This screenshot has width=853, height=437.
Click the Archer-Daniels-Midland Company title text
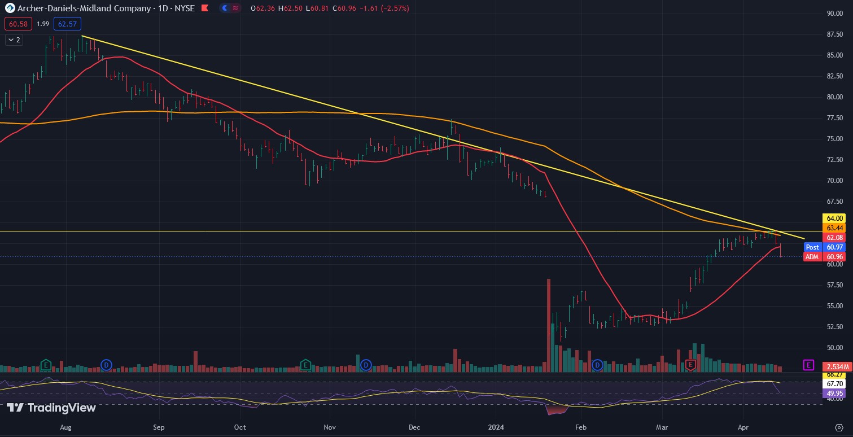(x=84, y=8)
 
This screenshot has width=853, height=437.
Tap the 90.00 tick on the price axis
(x=835, y=13)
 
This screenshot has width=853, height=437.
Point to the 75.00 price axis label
(x=835, y=139)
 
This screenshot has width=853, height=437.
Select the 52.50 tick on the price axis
(x=835, y=327)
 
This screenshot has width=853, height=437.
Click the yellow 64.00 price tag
(x=835, y=218)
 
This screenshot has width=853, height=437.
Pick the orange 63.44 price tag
(x=835, y=228)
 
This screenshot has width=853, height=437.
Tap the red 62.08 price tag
(x=835, y=238)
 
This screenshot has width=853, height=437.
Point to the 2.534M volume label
(x=835, y=365)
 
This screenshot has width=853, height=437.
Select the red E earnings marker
(x=690, y=365)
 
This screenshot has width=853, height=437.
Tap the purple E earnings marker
(x=808, y=365)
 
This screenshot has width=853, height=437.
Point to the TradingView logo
(x=51, y=408)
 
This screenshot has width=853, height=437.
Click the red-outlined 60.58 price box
(x=16, y=24)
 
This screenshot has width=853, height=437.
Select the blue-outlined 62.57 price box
(x=67, y=24)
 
